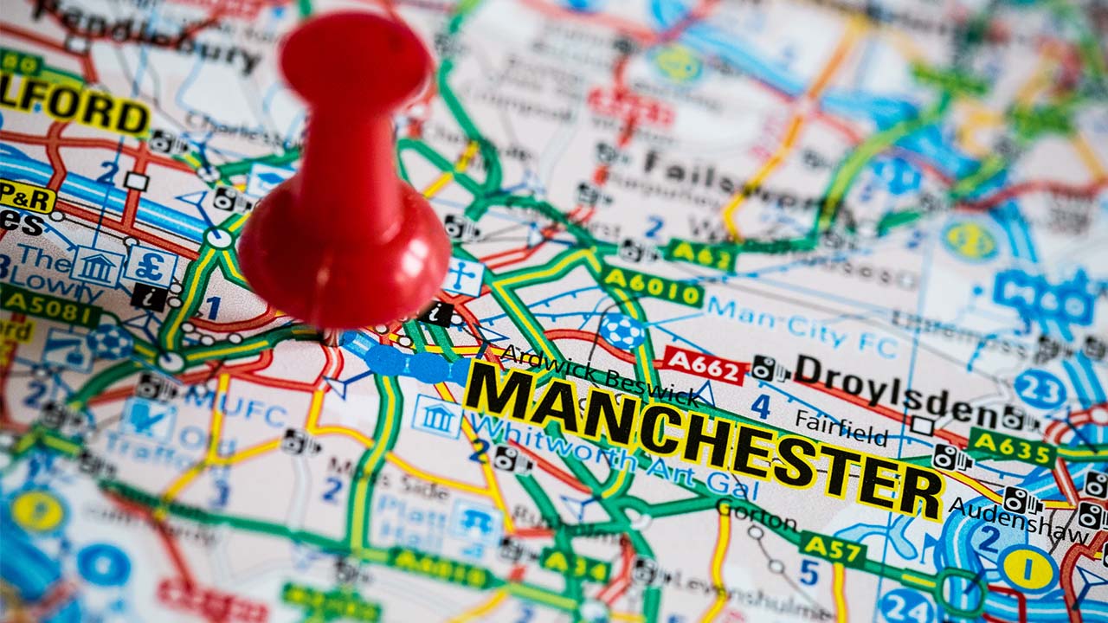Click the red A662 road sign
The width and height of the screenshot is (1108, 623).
705,364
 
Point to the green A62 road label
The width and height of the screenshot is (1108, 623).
702,254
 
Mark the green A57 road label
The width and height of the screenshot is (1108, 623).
832,548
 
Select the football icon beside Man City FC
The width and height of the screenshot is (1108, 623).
622,331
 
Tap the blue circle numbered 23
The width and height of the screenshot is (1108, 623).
1040,389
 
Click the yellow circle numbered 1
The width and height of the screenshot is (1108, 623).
1027,568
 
